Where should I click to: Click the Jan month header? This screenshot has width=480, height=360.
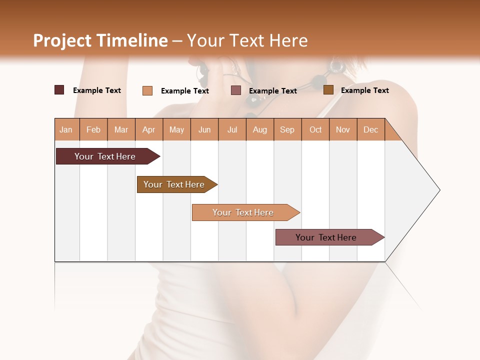tap(66, 129)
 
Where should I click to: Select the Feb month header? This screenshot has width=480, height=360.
tap(93, 129)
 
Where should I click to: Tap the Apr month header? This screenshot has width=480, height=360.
tap(149, 129)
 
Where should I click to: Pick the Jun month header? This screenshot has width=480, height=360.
tap(204, 129)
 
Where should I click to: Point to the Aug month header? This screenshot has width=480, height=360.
tap(260, 129)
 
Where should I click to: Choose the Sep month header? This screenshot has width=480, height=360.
tap(287, 129)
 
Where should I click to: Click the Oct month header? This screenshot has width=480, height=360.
tap(315, 129)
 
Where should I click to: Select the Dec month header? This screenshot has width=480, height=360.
tap(371, 129)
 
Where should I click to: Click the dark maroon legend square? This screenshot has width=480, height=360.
tap(59, 90)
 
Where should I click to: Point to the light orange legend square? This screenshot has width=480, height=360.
tap(147, 90)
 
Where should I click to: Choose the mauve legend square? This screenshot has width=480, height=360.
tap(236, 90)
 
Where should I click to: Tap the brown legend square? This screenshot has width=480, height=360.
tap(328, 90)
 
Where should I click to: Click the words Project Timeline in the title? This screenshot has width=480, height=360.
tap(100, 40)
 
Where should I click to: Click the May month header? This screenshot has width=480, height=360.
tap(176, 129)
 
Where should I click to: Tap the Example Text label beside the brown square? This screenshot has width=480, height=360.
tap(364, 90)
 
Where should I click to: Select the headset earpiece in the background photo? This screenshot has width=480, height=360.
tap(335, 65)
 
